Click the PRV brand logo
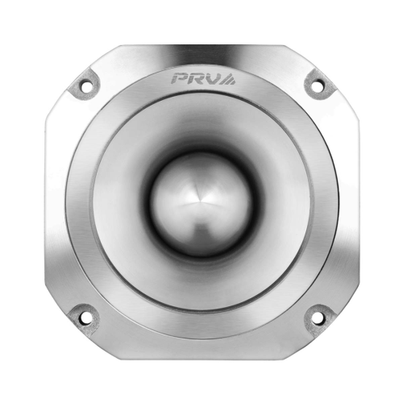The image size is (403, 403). (x=201, y=78)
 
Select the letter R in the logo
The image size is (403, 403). (x=196, y=78)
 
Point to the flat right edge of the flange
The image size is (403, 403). (x=354, y=201)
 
